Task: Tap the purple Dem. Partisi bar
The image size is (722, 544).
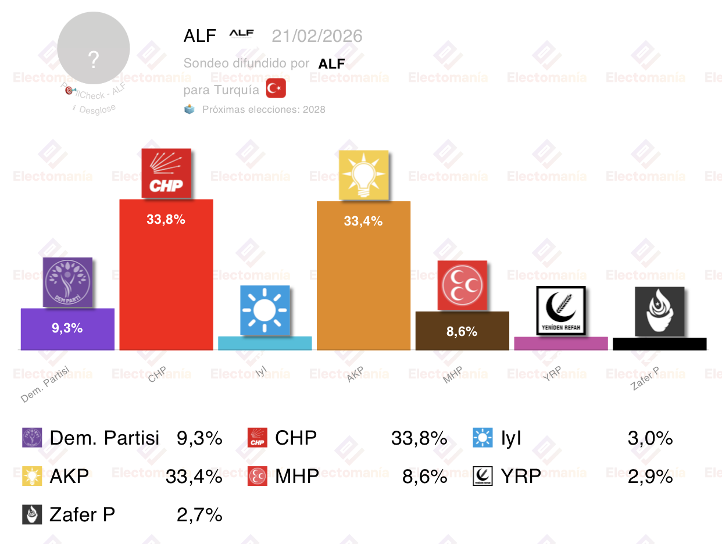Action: click(67, 329)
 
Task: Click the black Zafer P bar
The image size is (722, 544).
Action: click(660, 344)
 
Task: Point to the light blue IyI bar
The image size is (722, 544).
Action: click(265, 343)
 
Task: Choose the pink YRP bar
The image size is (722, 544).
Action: click(561, 343)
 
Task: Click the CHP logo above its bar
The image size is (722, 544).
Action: click(166, 173)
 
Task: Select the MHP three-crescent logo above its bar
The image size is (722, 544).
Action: click(463, 285)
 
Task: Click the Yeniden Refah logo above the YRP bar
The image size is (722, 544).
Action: click(561, 310)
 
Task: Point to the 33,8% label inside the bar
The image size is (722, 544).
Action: click(166, 219)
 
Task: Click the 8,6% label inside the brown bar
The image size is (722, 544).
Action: click(462, 331)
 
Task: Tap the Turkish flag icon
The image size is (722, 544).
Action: click(276, 89)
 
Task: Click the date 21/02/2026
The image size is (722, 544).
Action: click(317, 36)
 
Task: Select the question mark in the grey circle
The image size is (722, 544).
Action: click(94, 59)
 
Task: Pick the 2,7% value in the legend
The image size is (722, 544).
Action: click(199, 514)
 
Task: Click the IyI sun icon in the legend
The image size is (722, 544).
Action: click(483, 438)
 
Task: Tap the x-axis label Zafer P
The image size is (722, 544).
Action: click(645, 378)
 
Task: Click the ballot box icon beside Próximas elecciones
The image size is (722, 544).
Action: click(190, 109)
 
